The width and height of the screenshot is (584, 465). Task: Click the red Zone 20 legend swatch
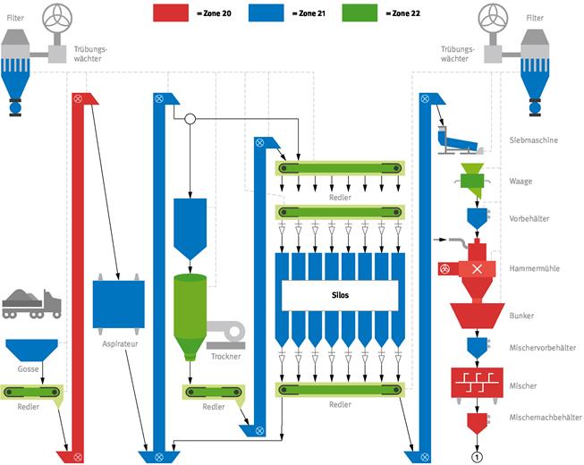[171, 13]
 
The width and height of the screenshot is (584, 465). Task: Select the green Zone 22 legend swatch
[360, 13]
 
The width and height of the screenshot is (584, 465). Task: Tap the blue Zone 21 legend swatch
[266, 13]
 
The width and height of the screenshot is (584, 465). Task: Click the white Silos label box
[340, 295]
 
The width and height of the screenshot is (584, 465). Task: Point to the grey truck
[31, 304]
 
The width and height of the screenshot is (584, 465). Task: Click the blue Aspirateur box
[118, 304]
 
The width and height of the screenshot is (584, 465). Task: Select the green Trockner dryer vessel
[190, 317]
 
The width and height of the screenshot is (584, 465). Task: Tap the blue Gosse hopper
[31, 350]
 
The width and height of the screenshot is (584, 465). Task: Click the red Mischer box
[477, 383]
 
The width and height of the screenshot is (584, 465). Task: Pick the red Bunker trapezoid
[477, 316]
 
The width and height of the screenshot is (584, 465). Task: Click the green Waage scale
[472, 181]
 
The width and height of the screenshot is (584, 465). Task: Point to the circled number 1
[477, 457]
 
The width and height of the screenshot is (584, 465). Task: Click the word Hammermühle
[534, 268]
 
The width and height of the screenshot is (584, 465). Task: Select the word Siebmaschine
[533, 140]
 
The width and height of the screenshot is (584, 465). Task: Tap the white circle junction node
[190, 119]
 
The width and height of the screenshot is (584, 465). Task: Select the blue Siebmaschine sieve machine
[459, 140]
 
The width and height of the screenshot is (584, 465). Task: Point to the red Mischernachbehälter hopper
[477, 423]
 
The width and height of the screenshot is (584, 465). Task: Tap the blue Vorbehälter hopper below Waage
[477, 218]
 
